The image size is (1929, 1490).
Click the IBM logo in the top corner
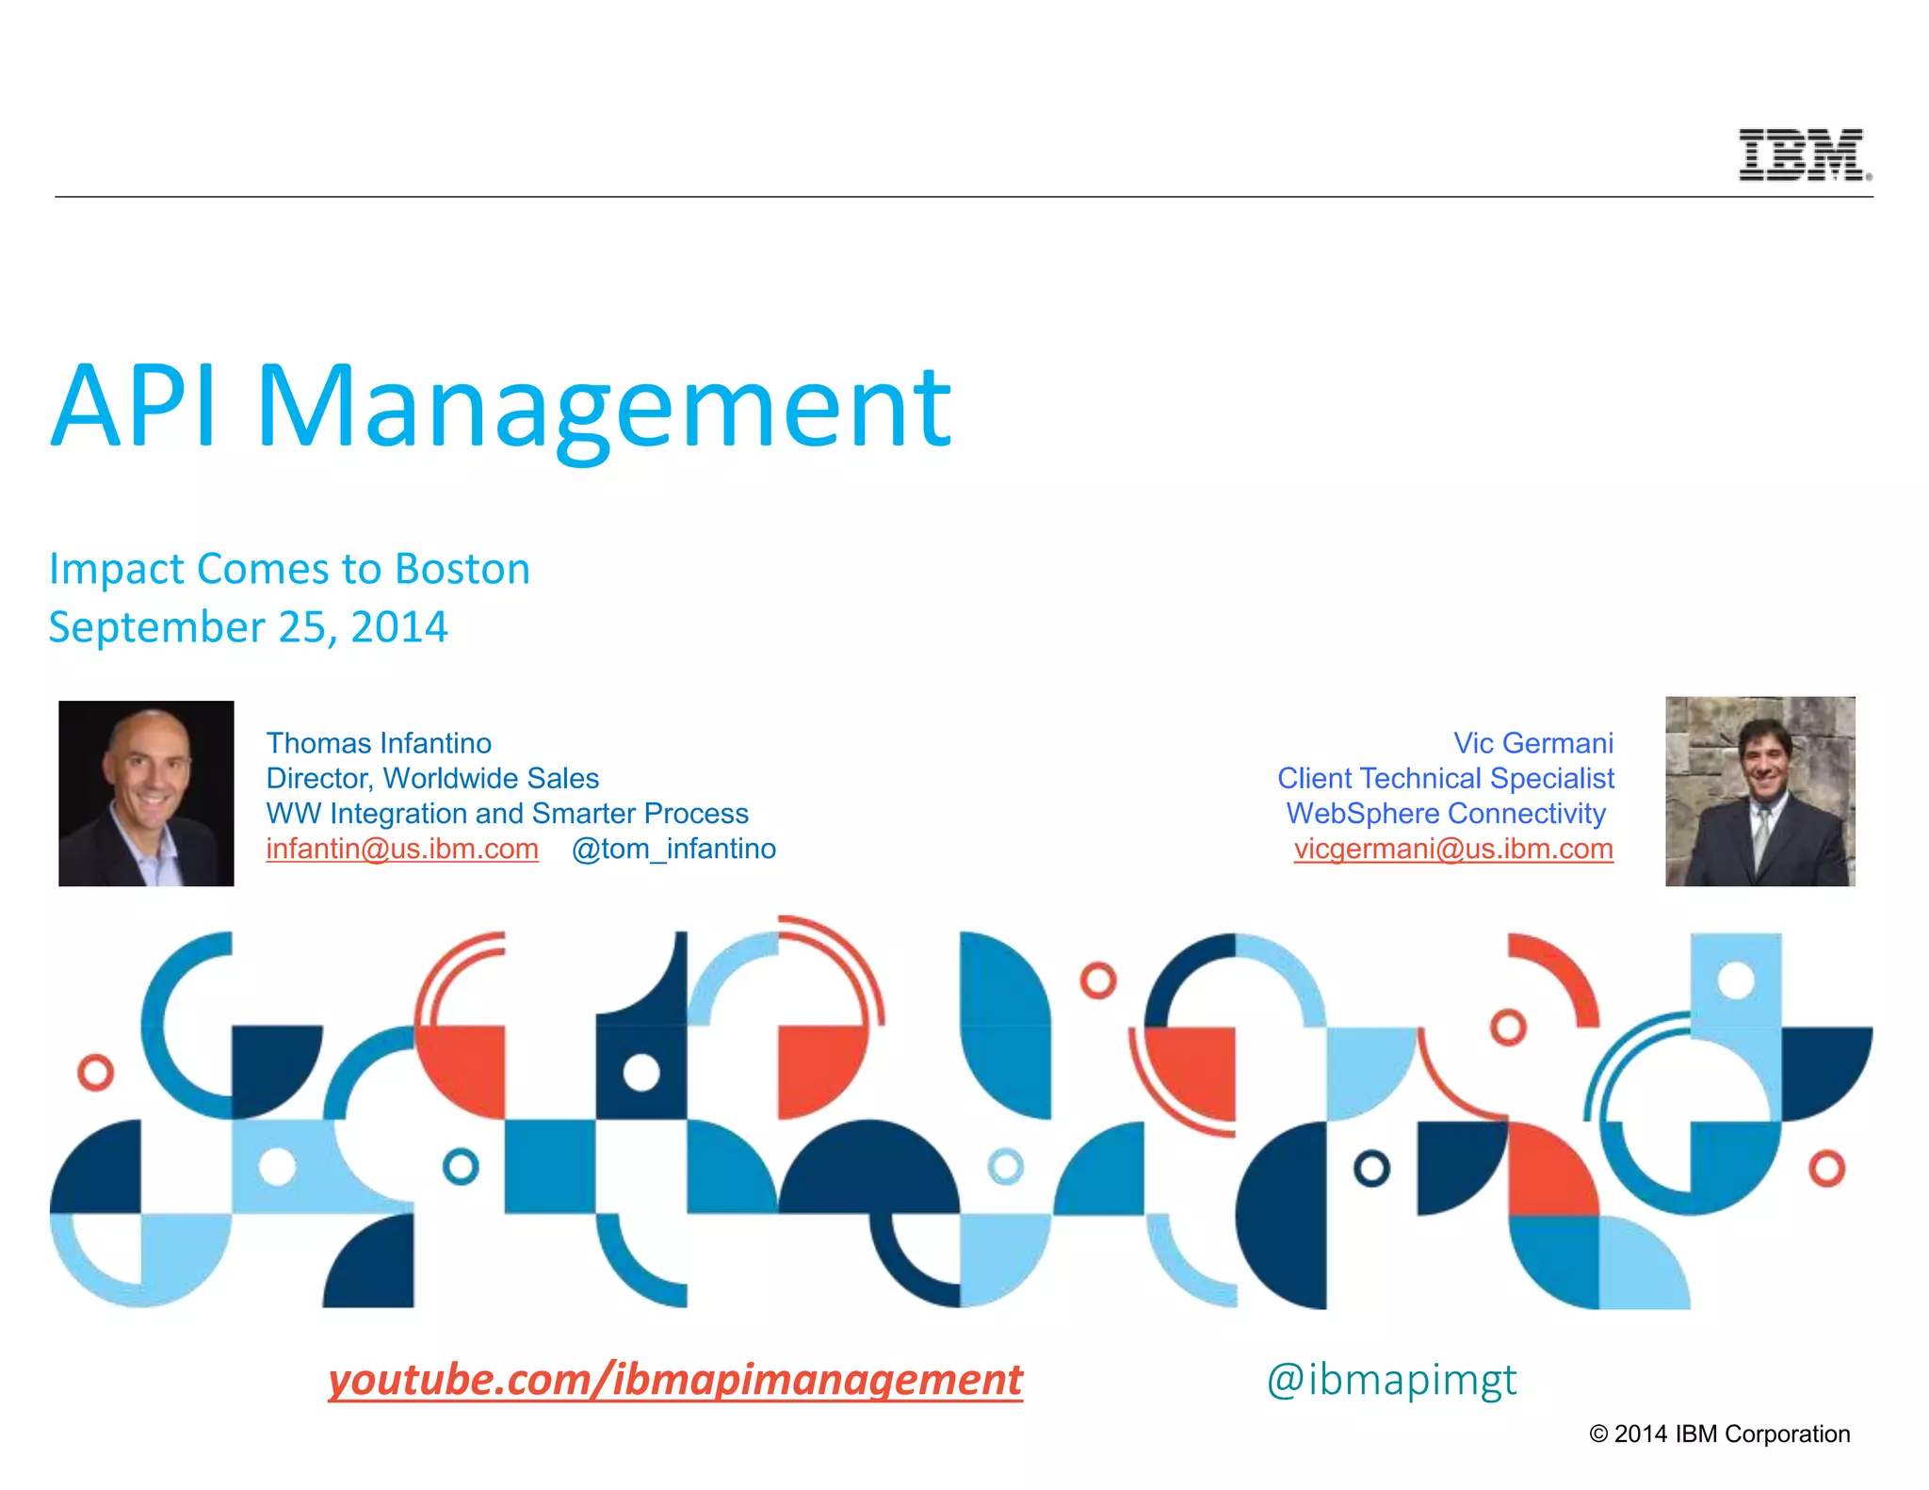click(x=1803, y=154)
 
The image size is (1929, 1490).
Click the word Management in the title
click(x=603, y=407)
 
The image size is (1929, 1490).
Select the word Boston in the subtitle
click(x=462, y=569)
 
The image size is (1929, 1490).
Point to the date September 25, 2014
click(x=248, y=627)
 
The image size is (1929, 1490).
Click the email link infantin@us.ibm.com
click(x=402, y=849)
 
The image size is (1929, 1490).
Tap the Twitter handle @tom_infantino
click(x=673, y=849)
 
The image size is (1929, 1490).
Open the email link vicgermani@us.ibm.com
click(x=1452, y=849)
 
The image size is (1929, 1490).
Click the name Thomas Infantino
click(x=379, y=743)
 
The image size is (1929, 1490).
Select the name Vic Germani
click(x=1532, y=743)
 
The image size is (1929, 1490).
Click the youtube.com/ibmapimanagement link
click(x=674, y=1380)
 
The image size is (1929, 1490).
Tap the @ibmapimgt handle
click(x=1391, y=1380)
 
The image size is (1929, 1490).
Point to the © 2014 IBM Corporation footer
click(x=1719, y=1433)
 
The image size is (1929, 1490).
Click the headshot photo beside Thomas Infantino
click(x=146, y=793)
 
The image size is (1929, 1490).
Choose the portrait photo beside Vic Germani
click(x=1759, y=791)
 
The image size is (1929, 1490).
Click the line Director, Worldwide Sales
click(x=432, y=778)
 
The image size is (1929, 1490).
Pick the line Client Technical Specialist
click(x=1445, y=778)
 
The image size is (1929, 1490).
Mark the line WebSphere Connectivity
click(x=1445, y=813)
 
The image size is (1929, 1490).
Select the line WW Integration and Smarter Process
click(x=507, y=813)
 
